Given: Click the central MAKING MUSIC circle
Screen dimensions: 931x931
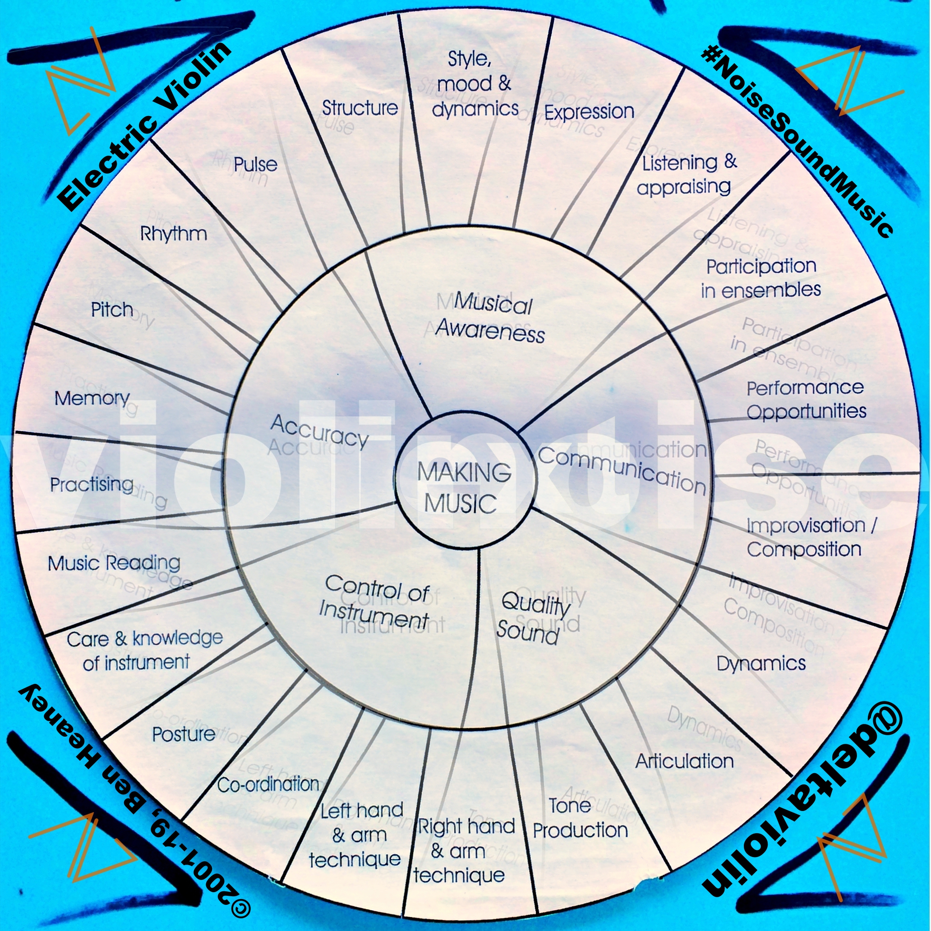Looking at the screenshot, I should (x=464, y=487).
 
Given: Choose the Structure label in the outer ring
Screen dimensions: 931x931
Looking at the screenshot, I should (x=359, y=108).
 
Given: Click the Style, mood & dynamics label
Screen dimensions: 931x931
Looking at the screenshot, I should (x=475, y=84).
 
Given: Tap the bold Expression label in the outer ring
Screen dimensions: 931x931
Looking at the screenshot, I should (x=589, y=112).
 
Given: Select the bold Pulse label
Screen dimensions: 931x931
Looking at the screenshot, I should (x=255, y=164).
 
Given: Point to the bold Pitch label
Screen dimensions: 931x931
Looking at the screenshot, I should (x=112, y=309).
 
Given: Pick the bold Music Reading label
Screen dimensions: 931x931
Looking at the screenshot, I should (x=114, y=563).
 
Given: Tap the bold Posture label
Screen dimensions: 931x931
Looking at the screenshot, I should (x=183, y=734).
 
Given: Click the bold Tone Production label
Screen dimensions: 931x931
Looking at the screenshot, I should (x=580, y=818).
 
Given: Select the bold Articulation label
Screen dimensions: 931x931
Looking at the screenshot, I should (x=684, y=761).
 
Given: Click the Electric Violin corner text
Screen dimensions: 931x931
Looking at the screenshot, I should (x=144, y=126).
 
